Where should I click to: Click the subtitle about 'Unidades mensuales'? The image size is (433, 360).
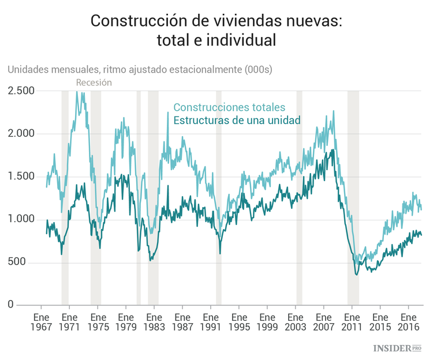pyautogui.click(x=139, y=69)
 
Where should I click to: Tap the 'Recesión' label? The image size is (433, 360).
pyautogui.click(x=94, y=82)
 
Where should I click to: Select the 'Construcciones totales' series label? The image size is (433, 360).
pyautogui.click(x=229, y=107)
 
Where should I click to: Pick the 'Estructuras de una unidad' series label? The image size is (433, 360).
pyautogui.click(x=237, y=120)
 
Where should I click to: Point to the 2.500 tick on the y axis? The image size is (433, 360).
pyautogui.click(x=21, y=91)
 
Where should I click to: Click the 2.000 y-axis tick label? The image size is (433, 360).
pyautogui.click(x=21, y=133)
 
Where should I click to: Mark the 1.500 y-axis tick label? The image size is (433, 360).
pyautogui.click(x=21, y=176)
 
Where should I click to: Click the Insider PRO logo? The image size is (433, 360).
pyautogui.click(x=398, y=348)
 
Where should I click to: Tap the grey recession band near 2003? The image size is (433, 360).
pyautogui.click(x=299, y=196)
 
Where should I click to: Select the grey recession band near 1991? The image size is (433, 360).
pyautogui.click(x=219, y=196)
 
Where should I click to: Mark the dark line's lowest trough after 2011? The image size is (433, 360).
pyautogui.click(x=357, y=275)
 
